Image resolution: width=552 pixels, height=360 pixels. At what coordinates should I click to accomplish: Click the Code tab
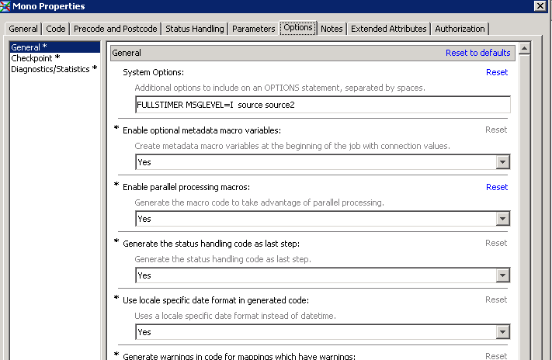tap(55, 29)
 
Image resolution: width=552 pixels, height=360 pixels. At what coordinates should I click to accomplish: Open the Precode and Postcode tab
tap(116, 29)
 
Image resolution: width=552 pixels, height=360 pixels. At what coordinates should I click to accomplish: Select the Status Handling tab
tap(195, 29)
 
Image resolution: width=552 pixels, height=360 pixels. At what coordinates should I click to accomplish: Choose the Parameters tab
tap(253, 29)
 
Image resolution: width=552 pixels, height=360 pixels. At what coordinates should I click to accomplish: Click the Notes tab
tap(332, 29)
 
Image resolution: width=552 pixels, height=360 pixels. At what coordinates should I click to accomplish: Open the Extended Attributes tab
tap(388, 29)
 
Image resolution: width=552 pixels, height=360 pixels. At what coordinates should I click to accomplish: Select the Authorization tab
tap(460, 29)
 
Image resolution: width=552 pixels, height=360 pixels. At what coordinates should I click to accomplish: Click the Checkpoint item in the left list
tap(35, 58)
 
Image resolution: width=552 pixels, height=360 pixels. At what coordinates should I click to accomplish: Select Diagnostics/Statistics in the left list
tap(54, 69)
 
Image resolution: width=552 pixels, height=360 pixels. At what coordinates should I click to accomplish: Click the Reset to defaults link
tap(477, 53)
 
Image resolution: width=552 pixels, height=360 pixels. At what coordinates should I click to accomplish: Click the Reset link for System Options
tap(497, 72)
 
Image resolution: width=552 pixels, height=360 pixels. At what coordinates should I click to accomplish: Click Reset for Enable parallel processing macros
tap(497, 187)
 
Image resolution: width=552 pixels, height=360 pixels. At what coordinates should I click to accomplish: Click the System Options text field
tap(322, 105)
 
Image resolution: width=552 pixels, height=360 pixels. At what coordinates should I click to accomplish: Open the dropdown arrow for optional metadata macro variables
tap(503, 162)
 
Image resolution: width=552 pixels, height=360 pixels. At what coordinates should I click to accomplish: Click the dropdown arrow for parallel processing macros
tap(503, 219)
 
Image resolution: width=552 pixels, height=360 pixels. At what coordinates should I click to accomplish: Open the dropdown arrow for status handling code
tap(503, 275)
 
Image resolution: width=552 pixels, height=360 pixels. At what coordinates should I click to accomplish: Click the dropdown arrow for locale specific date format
tap(503, 332)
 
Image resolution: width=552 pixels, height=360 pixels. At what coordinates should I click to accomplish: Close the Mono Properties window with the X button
tap(540, 6)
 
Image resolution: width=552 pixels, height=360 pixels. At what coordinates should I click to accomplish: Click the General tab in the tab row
tap(23, 29)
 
